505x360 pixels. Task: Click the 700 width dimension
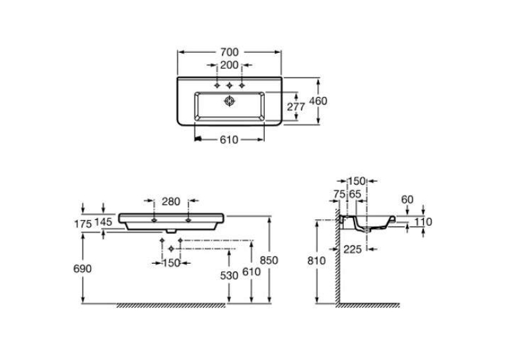click(229, 52)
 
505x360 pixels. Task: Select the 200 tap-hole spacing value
click(229, 65)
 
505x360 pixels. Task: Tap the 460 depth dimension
click(318, 101)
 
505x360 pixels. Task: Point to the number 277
click(296, 106)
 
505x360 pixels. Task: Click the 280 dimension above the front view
click(171, 201)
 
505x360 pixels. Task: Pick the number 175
click(83, 224)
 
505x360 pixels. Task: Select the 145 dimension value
click(104, 222)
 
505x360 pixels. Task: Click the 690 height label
click(83, 268)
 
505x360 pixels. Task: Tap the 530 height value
click(229, 275)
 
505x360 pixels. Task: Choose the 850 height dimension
click(269, 260)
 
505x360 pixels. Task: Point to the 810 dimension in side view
click(317, 260)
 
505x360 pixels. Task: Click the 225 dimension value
click(353, 249)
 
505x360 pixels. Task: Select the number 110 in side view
click(423, 222)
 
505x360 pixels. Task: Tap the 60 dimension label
click(407, 200)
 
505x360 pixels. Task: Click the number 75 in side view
click(339, 194)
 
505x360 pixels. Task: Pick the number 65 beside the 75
click(355, 194)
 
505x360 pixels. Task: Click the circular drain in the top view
click(229, 101)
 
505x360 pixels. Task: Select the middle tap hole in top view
click(229, 85)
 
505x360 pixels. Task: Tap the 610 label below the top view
click(229, 139)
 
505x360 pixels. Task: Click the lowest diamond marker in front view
click(172, 249)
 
